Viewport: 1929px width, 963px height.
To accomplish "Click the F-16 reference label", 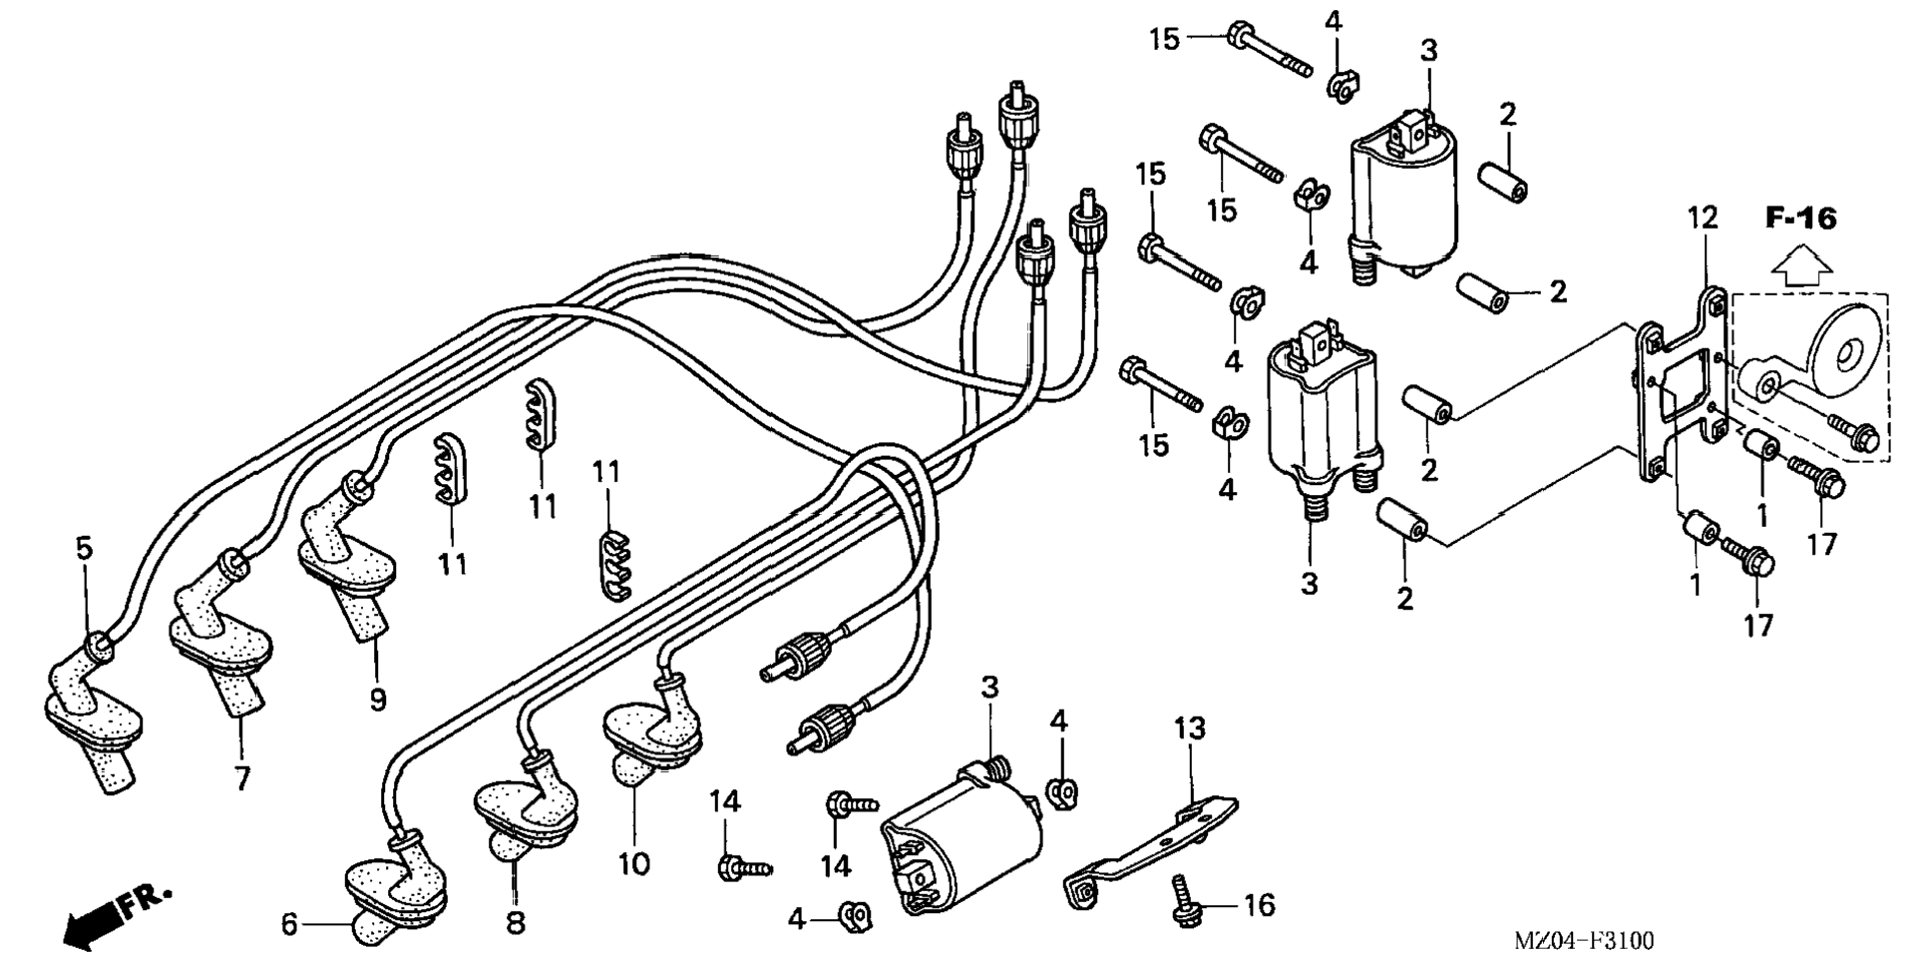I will (x=1799, y=219).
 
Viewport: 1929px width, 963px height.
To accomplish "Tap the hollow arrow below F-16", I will (x=1800, y=266).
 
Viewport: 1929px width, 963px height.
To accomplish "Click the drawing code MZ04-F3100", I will (x=1584, y=940).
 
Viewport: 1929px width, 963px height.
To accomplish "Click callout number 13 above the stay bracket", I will (x=1189, y=728).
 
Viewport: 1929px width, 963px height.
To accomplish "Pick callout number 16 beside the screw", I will (x=1259, y=905).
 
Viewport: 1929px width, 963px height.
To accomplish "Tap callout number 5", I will (x=84, y=548).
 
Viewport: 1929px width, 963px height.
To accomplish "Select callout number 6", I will (x=289, y=925).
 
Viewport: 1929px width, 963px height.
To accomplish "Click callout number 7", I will (x=242, y=777).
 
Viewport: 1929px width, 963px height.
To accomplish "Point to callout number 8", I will (x=515, y=922).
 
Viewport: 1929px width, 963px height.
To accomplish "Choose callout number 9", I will (x=377, y=700).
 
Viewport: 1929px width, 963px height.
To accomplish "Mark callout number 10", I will (x=633, y=863).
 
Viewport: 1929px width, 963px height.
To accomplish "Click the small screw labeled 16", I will (x=1184, y=901).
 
